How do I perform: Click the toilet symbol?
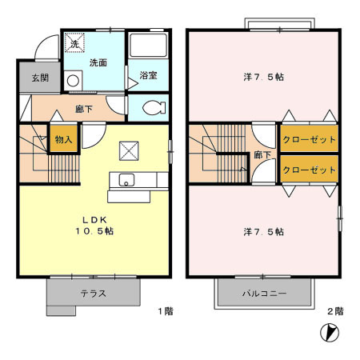click(x=154, y=108)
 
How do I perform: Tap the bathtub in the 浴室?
click(x=148, y=45)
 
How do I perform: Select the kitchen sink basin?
click(x=126, y=180)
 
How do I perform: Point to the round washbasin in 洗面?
click(x=73, y=81)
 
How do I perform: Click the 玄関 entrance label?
click(x=40, y=78)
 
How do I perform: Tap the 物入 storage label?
click(x=63, y=139)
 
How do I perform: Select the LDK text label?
click(x=94, y=220)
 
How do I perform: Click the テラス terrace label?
click(x=94, y=294)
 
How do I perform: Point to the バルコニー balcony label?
click(x=264, y=294)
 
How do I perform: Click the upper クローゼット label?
click(x=309, y=139)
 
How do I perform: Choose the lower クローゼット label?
click(x=309, y=170)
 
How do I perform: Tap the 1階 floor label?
click(x=166, y=311)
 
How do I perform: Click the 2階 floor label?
click(x=335, y=311)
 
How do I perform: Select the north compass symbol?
click(x=330, y=333)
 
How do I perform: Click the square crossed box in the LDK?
click(x=129, y=151)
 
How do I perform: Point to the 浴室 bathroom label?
click(x=148, y=75)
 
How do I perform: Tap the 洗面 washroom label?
click(x=98, y=63)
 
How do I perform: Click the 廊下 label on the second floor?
click(x=262, y=154)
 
